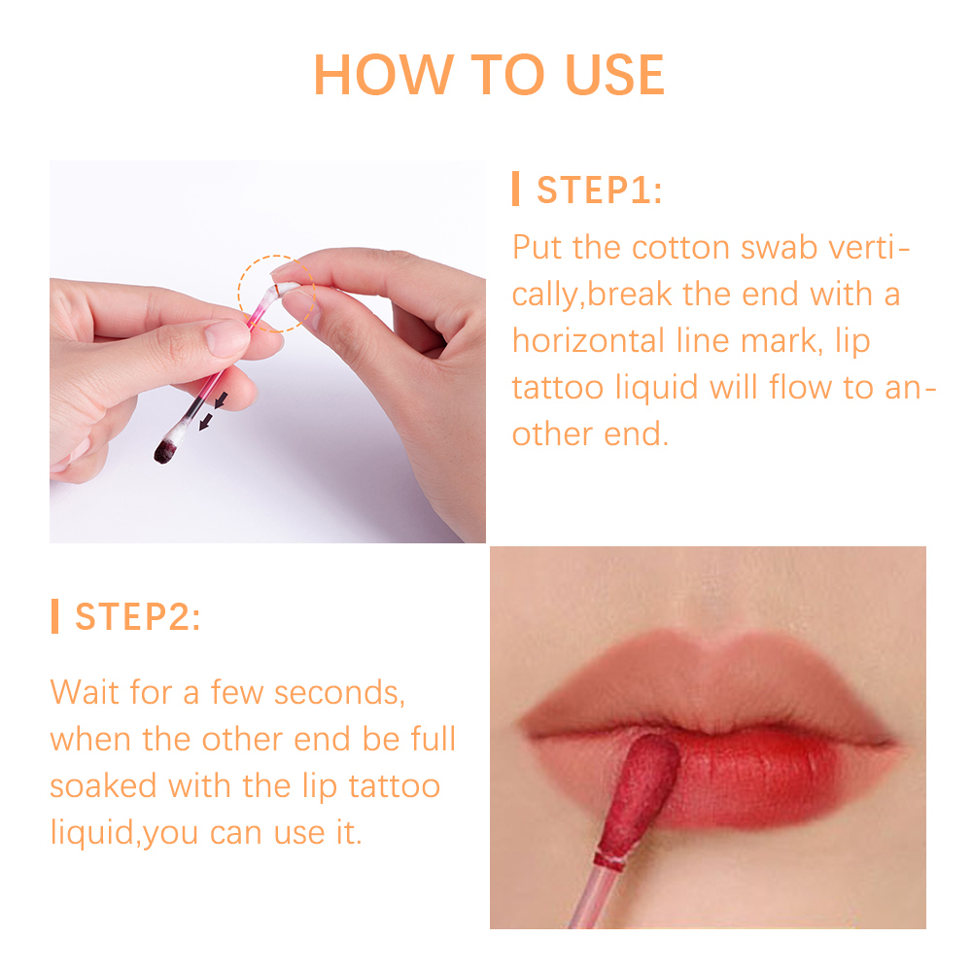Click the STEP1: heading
pyautogui.click(x=599, y=191)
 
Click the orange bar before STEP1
pyautogui.click(x=516, y=190)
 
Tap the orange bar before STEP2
pyautogui.click(x=54, y=616)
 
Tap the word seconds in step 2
pyautogui.click(x=337, y=693)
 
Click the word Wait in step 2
pyautogui.click(x=85, y=693)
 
